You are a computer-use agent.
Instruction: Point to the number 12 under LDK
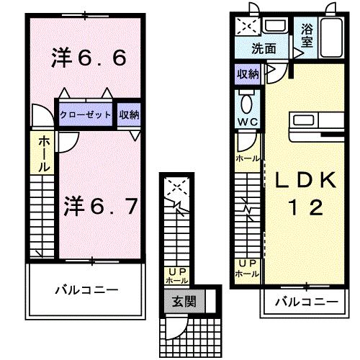coord(303,209)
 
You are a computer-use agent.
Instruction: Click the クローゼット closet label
coord(86,114)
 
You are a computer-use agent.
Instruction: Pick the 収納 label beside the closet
coord(129,114)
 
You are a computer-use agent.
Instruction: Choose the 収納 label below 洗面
coord(248,73)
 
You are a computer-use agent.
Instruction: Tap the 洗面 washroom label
coord(264,50)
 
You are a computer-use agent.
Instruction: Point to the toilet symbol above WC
coord(247,99)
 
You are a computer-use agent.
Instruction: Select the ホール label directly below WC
coord(247,158)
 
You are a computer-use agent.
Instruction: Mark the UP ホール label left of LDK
coord(248,268)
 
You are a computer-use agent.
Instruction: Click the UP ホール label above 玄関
coord(176,275)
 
